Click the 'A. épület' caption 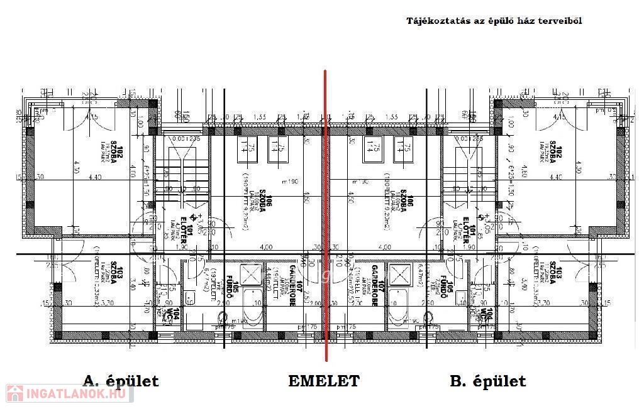click(120, 381)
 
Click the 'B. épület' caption click(487, 381)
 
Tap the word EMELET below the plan click(324, 381)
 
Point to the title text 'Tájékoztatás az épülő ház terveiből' click(494, 21)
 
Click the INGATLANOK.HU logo click(69, 393)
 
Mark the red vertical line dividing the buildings click(325, 214)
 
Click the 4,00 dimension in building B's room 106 click(385, 247)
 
